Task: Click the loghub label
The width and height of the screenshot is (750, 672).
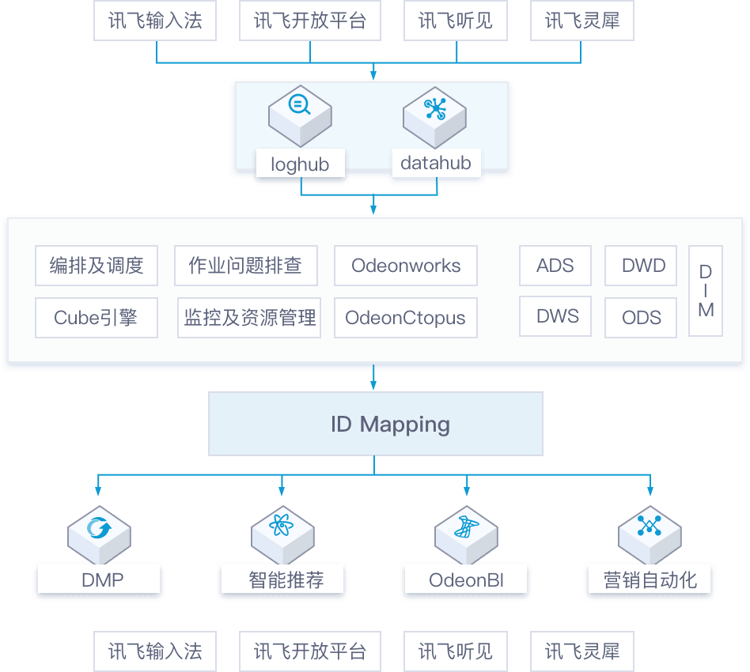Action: pyautogui.click(x=300, y=164)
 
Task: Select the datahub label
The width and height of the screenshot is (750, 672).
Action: pyautogui.click(x=436, y=163)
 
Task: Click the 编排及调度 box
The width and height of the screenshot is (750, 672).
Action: pyautogui.click(x=97, y=266)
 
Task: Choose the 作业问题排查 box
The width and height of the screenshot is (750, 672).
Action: pyautogui.click(x=245, y=266)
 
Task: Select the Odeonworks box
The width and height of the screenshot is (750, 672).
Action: pyautogui.click(x=406, y=266)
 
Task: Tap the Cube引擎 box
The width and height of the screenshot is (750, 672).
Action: pyautogui.click(x=97, y=318)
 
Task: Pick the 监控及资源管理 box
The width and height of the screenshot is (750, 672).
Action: pyautogui.click(x=249, y=318)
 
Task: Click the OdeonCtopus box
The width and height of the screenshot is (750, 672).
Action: pyautogui.click(x=406, y=318)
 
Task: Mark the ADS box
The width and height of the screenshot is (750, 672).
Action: pyautogui.click(x=555, y=266)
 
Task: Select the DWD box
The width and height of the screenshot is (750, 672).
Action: pyautogui.click(x=643, y=266)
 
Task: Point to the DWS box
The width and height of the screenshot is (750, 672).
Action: pyautogui.click(x=557, y=317)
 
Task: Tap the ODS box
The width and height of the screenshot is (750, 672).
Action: pyautogui.click(x=642, y=318)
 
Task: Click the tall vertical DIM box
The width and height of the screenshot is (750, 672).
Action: pyautogui.click(x=706, y=291)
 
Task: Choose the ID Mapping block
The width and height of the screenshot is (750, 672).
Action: pyautogui.click(x=375, y=424)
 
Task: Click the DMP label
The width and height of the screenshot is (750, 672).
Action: pyautogui.click(x=101, y=580)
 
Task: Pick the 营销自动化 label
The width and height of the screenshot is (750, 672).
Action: pyautogui.click(x=650, y=580)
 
